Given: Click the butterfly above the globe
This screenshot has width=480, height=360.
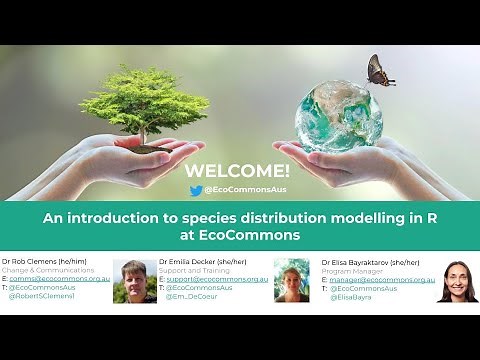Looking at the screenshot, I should click(380, 71).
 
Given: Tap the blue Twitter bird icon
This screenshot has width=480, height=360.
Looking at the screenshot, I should click(196, 189).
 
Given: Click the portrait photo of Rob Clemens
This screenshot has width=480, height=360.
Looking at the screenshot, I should click(134, 281).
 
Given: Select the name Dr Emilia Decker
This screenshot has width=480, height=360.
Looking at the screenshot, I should click(188, 262).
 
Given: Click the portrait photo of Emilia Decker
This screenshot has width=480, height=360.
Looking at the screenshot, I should click(291, 280).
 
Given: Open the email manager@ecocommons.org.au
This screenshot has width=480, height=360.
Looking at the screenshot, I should click(381, 280).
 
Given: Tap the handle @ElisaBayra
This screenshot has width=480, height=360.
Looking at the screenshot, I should click(351, 297).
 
